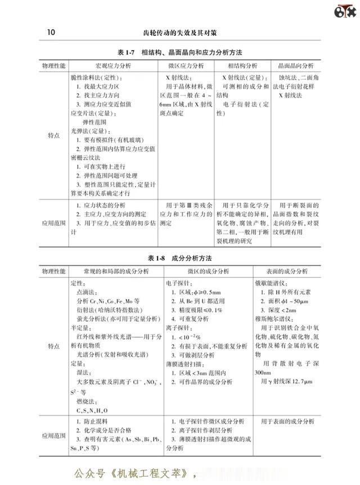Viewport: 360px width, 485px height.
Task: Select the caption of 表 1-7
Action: [x=180, y=52]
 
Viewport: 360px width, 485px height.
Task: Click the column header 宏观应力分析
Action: [x=110, y=66]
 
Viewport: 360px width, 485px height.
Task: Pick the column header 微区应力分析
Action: [x=185, y=66]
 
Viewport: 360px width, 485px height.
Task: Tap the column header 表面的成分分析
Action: [x=290, y=271]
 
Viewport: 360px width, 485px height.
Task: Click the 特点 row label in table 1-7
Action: [x=54, y=136]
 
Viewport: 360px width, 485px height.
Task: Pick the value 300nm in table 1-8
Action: [x=264, y=373]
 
